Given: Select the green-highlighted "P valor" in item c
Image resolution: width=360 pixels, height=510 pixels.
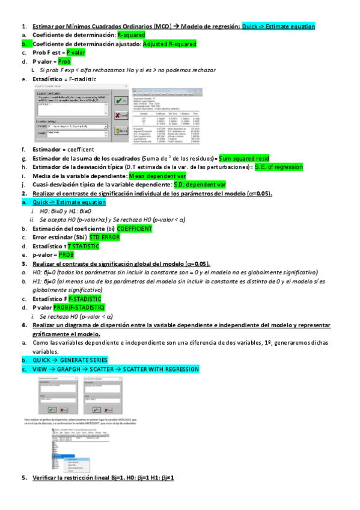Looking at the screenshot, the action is [76, 53].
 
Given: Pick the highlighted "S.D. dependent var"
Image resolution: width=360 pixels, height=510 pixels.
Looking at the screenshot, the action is [200, 185].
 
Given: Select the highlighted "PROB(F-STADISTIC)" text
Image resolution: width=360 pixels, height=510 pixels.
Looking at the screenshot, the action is [87, 307].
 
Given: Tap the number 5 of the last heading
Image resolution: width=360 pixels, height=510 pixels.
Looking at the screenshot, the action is [24, 477].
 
